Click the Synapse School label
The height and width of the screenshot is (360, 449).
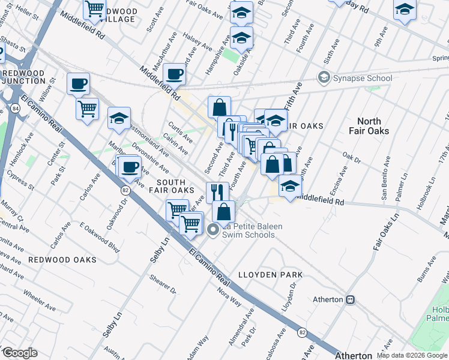[x=363, y=78]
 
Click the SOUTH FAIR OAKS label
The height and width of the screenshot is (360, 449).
[x=175, y=186]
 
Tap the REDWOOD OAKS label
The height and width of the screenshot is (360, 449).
[x=62, y=260]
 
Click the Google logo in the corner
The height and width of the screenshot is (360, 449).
[x=19, y=353]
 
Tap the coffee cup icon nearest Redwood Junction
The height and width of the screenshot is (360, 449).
[x=78, y=83]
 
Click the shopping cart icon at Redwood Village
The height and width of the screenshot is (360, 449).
[x=95, y=9]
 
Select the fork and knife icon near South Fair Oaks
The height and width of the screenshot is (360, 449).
[x=217, y=191]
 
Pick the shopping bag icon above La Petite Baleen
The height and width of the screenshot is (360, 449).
[x=223, y=211]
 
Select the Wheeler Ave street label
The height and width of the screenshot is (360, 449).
[x=39, y=295]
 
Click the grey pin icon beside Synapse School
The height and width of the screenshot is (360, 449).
[x=324, y=78]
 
